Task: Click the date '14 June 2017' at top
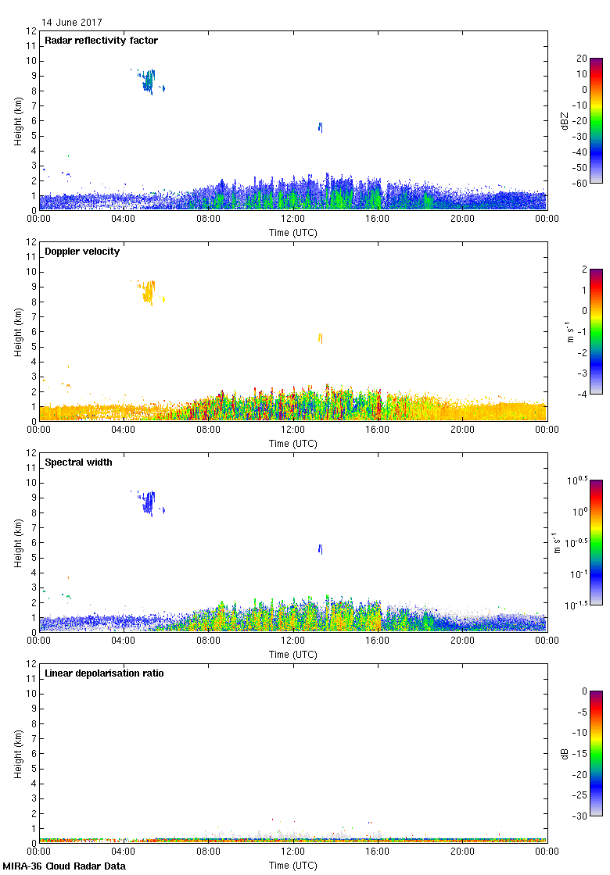tap(72, 23)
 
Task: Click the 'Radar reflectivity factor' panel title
tap(102, 41)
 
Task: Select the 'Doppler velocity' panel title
tap(78, 252)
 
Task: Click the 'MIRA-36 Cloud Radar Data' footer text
tap(63, 866)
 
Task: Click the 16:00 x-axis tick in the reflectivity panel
tap(378, 220)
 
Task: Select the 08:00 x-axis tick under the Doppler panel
tap(209, 430)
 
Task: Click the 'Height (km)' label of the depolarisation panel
tap(18, 753)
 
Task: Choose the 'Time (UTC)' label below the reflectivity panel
tap(293, 232)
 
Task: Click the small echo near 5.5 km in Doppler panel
tap(320, 338)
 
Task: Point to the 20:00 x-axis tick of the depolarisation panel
tap(462, 852)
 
